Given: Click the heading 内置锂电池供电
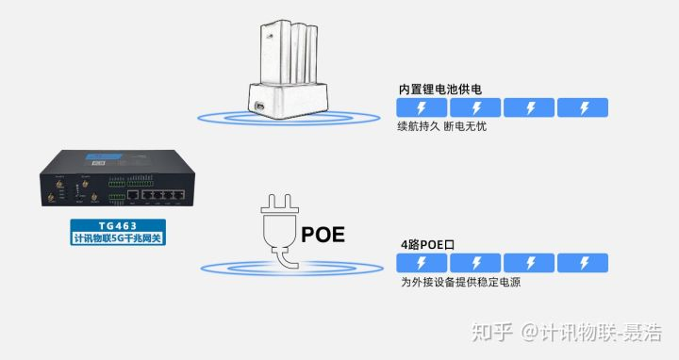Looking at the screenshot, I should click(x=440, y=90).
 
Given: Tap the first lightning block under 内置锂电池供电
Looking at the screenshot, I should click(x=422, y=107).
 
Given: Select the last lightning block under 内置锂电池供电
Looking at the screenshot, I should click(x=582, y=107).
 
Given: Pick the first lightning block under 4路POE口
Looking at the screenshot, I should click(x=422, y=262).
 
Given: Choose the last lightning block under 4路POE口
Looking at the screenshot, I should click(x=582, y=262).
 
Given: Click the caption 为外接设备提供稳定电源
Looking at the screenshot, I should click(x=461, y=282).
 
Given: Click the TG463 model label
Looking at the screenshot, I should click(x=118, y=226).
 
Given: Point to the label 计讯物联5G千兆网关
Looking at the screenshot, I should click(x=118, y=239).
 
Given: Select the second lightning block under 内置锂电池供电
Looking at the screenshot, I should click(x=475, y=107).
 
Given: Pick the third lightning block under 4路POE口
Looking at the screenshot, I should click(x=529, y=262).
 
